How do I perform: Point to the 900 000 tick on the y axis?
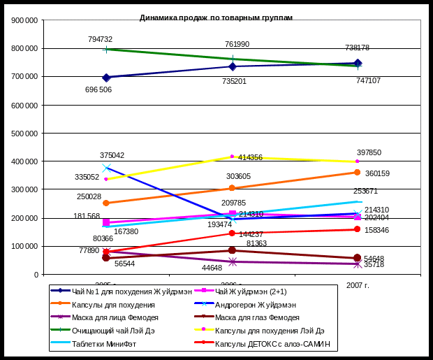(x=27, y=20)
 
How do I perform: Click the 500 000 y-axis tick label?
(x=27, y=134)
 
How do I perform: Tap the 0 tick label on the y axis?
(x=36, y=275)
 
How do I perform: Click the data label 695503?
(x=99, y=89)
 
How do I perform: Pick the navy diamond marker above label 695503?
(x=106, y=78)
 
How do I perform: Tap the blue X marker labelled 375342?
(x=106, y=168)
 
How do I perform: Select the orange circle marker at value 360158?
(x=357, y=172)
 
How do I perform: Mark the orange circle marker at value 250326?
(x=106, y=203)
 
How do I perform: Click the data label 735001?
(x=233, y=81)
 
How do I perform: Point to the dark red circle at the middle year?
(x=232, y=250)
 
